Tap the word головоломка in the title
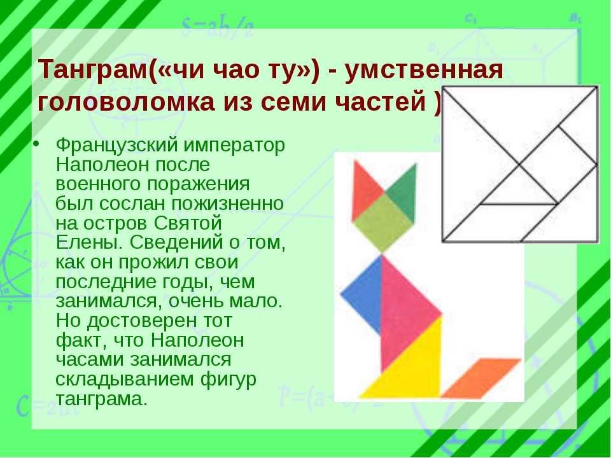click(126, 101)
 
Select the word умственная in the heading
click(424, 70)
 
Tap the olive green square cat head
click(383, 223)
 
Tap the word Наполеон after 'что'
click(197, 340)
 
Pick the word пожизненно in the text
click(228, 204)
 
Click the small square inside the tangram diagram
click(558, 165)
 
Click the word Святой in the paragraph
click(188, 223)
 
